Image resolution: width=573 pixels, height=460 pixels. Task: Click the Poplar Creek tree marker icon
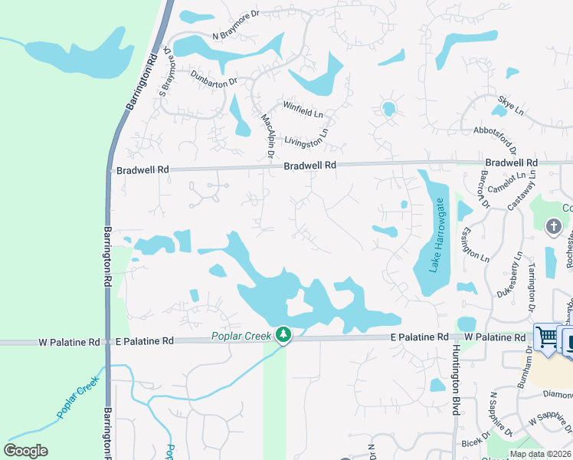coord(283,335)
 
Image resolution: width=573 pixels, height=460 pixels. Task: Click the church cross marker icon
coord(553,227)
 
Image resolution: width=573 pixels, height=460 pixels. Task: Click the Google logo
coord(25,451)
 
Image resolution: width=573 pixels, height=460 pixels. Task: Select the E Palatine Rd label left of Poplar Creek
coord(143,340)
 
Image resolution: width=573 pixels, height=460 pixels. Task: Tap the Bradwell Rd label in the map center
coord(309,166)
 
